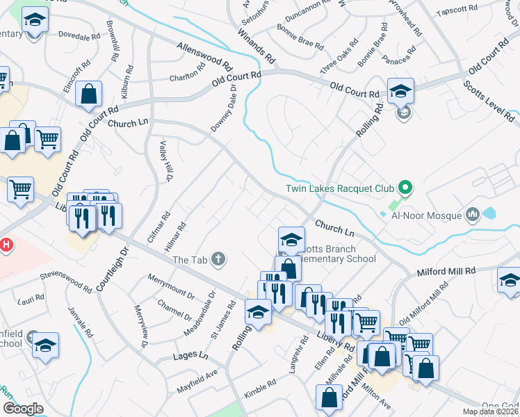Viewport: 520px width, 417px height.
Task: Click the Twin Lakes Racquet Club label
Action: pyautogui.click(x=340, y=188)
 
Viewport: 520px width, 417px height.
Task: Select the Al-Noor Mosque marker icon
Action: pyautogui.click(x=474, y=214)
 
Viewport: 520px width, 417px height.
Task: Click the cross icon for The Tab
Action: pyautogui.click(x=219, y=260)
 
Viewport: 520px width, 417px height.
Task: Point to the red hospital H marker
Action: pyautogui.click(x=6, y=245)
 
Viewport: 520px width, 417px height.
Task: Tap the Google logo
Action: pyautogui.click(x=23, y=409)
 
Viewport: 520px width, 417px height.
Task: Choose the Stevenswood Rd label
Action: pyautogui.click(x=67, y=281)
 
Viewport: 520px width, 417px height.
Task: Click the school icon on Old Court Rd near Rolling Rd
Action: pyautogui.click(x=400, y=90)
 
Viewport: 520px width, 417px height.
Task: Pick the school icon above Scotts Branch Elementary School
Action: pyautogui.click(x=291, y=240)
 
